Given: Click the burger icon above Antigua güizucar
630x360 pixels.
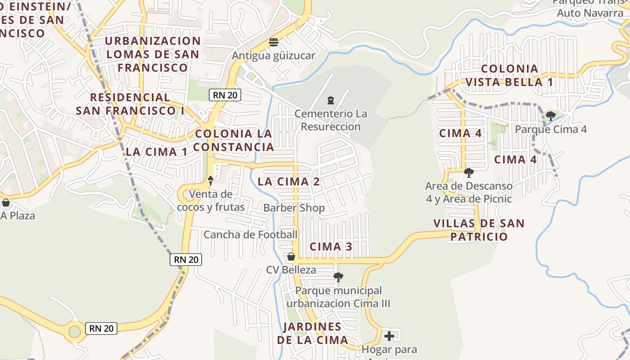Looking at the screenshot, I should point(273,43).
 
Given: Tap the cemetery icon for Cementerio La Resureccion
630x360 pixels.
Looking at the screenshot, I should point(331,100).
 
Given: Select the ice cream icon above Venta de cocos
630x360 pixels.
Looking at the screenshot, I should point(210,181).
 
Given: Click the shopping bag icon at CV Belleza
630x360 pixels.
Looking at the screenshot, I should point(291,257).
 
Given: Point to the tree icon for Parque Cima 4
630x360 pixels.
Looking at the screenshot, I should point(550,116).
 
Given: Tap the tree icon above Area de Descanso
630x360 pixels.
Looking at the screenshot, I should point(468,173).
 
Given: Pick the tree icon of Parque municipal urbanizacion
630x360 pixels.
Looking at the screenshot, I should point(338,277).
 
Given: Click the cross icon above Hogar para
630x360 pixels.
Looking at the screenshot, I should point(389,336).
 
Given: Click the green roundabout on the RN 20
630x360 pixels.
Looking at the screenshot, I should point(75,332).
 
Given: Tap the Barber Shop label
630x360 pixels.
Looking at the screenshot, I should point(294,208).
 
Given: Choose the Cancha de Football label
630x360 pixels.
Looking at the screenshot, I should point(251,234).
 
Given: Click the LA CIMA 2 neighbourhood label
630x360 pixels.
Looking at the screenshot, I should point(288,182).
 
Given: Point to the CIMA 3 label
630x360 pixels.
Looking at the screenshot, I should point(331,247).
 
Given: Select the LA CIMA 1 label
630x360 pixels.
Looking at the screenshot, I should point(157,152).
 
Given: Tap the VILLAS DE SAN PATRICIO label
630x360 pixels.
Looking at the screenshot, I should point(479,230).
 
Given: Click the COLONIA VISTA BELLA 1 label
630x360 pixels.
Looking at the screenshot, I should point(509,76).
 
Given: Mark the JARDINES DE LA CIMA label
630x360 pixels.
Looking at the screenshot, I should point(312,333).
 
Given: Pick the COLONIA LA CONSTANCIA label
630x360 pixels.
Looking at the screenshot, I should point(234,140).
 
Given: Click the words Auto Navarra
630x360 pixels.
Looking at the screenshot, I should point(590,13).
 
